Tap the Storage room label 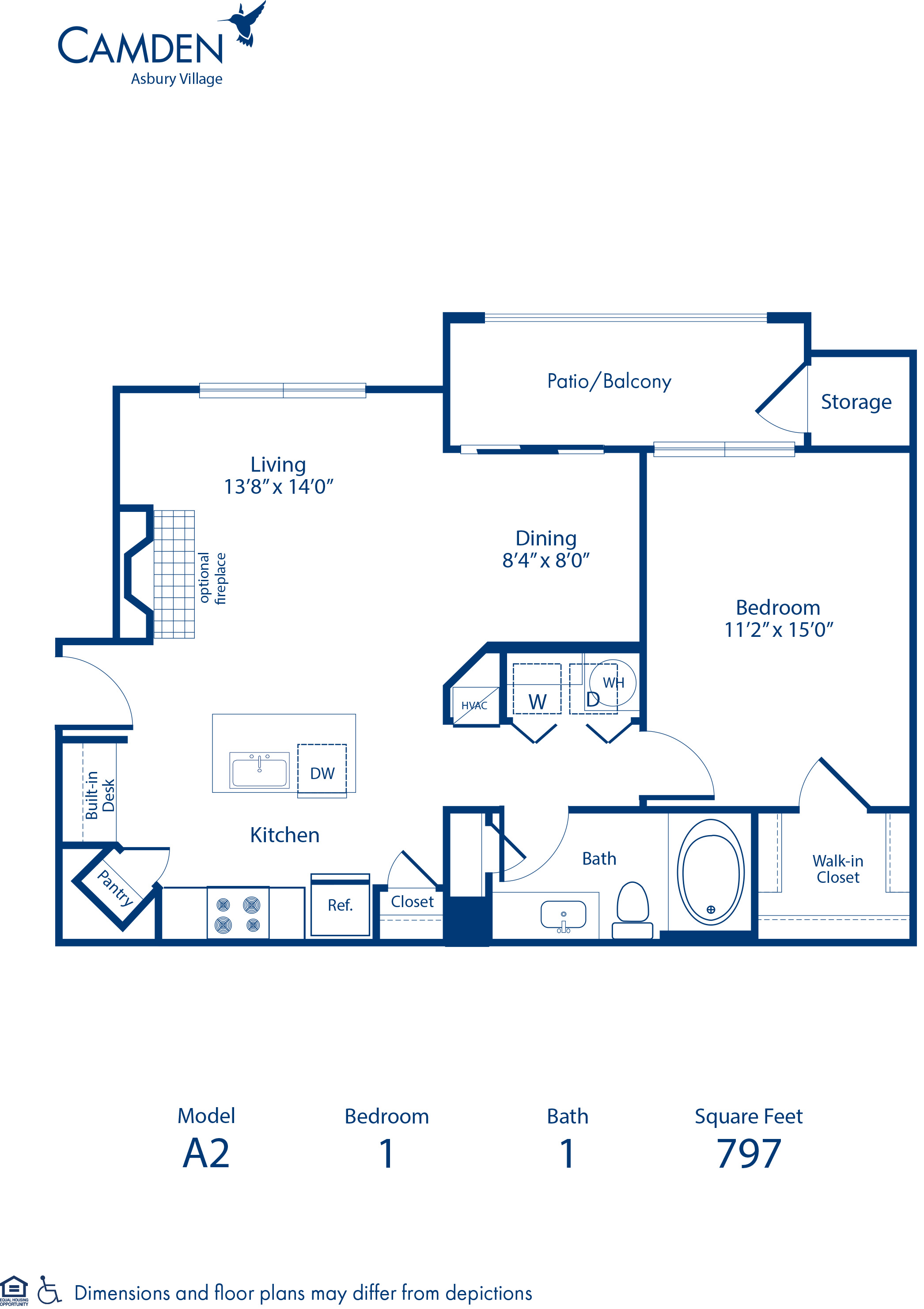856,402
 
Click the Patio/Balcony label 609,381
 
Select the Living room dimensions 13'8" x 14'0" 278,486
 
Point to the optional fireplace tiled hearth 174,574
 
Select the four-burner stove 238,913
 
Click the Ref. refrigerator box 340,905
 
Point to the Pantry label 116,888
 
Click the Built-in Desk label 100,795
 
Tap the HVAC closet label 474,706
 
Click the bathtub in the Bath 710,873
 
